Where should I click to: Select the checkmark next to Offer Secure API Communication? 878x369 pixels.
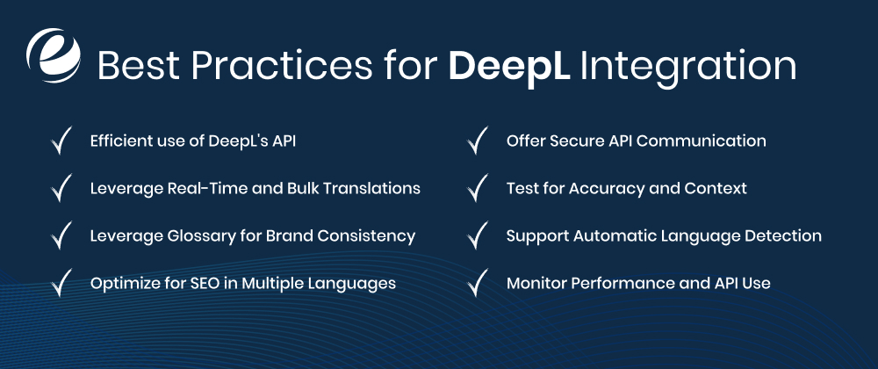pyautogui.click(x=478, y=141)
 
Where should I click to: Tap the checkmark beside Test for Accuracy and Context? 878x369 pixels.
pyautogui.click(x=478, y=189)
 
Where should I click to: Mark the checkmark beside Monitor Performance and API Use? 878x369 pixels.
pyautogui.click(x=478, y=284)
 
